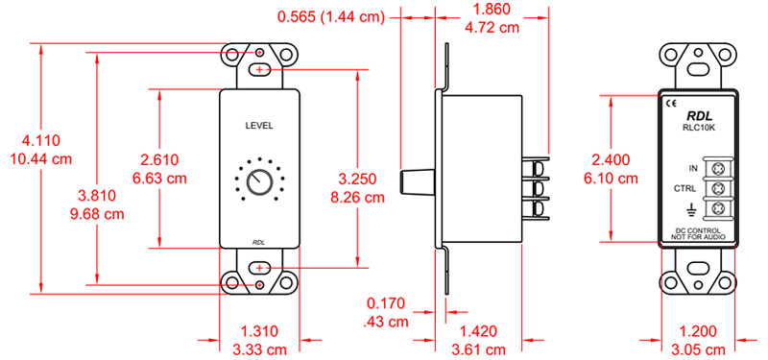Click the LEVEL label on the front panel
click(260, 126)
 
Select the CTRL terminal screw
click(716, 187)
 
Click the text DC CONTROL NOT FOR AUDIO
click(700, 237)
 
